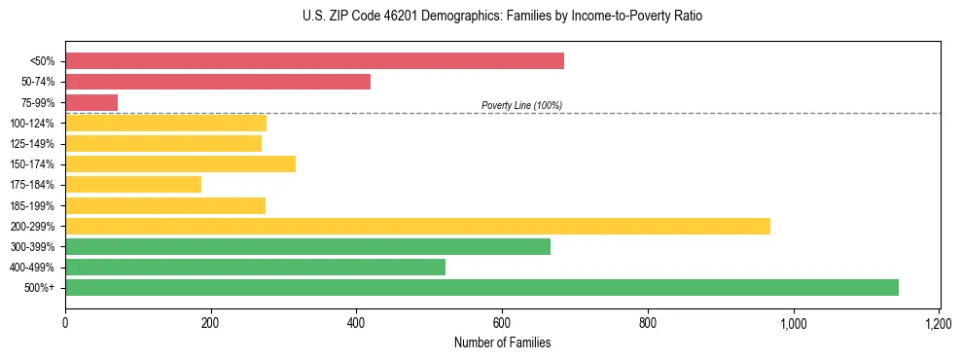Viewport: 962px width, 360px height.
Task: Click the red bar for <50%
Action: coord(314,61)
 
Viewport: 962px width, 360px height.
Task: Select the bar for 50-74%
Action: coord(218,82)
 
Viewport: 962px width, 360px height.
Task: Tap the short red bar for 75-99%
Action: coord(91,102)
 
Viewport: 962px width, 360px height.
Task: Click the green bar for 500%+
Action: coord(481,287)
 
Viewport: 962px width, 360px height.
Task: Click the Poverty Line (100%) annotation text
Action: coord(521,105)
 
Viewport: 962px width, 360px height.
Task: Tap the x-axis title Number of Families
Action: coord(502,343)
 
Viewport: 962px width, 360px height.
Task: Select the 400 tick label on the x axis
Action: coord(356,323)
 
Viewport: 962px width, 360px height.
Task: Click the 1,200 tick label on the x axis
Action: coord(939,323)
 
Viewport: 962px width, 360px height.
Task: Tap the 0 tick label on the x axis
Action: coord(65,323)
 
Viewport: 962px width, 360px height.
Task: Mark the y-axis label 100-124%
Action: coord(32,124)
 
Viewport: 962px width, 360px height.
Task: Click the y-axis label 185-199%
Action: coord(32,205)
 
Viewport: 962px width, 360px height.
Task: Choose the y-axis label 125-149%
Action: coord(32,144)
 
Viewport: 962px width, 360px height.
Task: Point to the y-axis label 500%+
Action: coord(39,287)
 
